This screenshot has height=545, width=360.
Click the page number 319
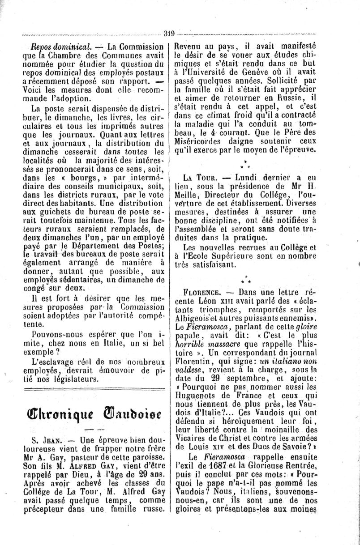pyautogui.click(x=169, y=33)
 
